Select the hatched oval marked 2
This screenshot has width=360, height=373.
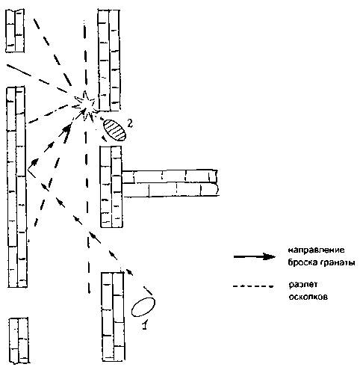pyautogui.click(x=115, y=130)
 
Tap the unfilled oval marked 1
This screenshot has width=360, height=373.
pyautogui.click(x=143, y=307)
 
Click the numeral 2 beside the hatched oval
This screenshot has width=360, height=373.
pyautogui.click(x=130, y=123)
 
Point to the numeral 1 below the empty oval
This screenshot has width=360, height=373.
pyautogui.click(x=145, y=324)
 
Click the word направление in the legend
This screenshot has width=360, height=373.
pyautogui.click(x=317, y=250)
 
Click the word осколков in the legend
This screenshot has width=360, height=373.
pyautogui.click(x=308, y=297)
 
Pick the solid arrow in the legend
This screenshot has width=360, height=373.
pyautogui.click(x=255, y=256)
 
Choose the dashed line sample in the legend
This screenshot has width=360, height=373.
pyautogui.click(x=253, y=286)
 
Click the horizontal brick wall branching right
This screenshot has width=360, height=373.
pyautogui.click(x=170, y=183)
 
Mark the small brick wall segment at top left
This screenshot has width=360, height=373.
pyautogui.click(x=15, y=31)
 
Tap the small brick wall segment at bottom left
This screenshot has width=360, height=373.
pyautogui.click(x=19, y=340)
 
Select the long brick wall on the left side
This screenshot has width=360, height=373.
pyautogui.click(x=16, y=187)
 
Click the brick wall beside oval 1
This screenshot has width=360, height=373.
pyautogui.click(x=113, y=316)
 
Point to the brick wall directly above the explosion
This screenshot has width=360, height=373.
pyautogui.click(x=109, y=60)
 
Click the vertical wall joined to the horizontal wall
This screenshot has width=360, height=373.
pyautogui.click(x=111, y=187)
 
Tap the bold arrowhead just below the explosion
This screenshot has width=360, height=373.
pyautogui.click(x=67, y=129)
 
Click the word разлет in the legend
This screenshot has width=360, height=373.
pyautogui.click(x=303, y=285)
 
